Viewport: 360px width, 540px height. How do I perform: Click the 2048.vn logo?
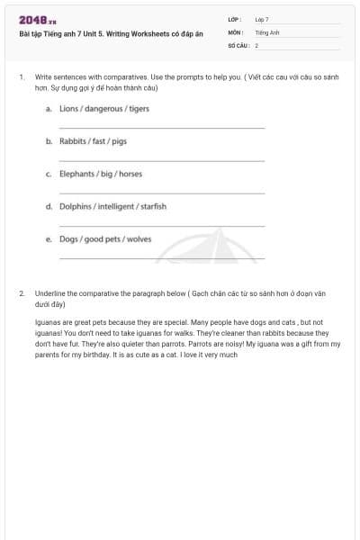coord(38,20)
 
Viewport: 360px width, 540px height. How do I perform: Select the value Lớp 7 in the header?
coord(262,19)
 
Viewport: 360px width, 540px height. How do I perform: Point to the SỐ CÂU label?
coord(238,45)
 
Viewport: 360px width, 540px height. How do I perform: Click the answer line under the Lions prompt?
coord(162,129)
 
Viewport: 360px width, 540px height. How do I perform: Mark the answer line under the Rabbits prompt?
coord(162,161)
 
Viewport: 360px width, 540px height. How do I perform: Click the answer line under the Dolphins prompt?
coord(162,226)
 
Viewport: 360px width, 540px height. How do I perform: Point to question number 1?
coord(21,78)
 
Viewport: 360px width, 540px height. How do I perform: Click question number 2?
coord(21,293)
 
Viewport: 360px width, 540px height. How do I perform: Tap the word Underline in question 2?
coord(50,293)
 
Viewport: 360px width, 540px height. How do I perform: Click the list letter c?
coord(48,174)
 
